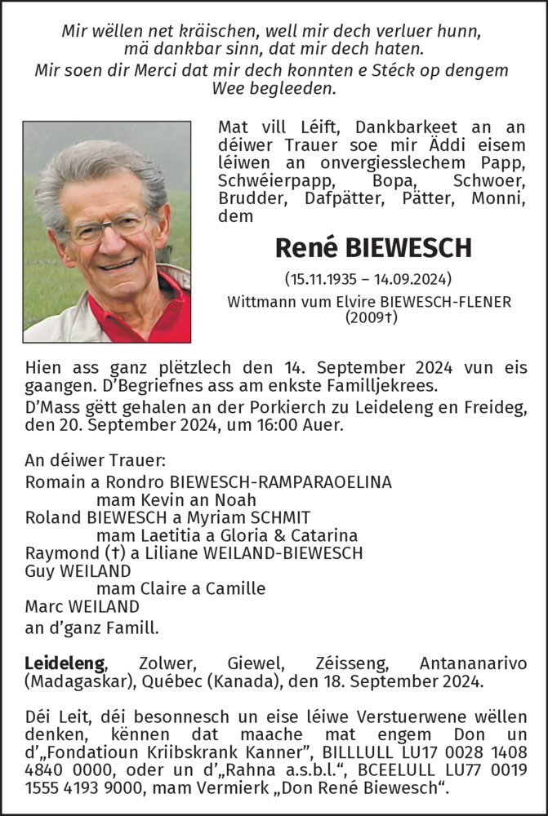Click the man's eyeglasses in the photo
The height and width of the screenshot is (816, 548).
tap(110, 226)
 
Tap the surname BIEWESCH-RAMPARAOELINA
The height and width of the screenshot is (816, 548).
tap(279, 481)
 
